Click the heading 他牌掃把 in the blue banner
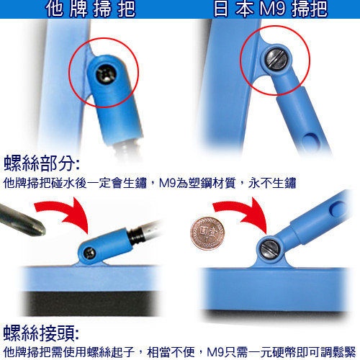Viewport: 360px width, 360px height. pyautogui.click(x=91, y=9)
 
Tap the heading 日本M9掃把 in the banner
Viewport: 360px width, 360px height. pyautogui.click(x=271, y=9)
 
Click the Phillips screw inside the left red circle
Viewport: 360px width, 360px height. pyautogui.click(x=106, y=73)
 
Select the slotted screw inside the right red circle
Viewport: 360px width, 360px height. pyautogui.click(x=276, y=58)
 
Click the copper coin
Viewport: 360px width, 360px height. pyautogui.click(x=207, y=233)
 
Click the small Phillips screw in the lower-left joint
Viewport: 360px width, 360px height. pyautogui.click(x=89, y=253)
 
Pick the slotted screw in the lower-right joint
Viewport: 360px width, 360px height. pyautogui.click(x=270, y=249)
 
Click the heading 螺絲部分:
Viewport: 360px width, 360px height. pyautogui.click(x=41, y=163)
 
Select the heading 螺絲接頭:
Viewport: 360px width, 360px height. pyautogui.click(x=41, y=333)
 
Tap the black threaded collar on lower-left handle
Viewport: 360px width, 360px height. pyautogui.click(x=135, y=236)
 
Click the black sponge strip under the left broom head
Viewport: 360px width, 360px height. pyautogui.click(x=90, y=303)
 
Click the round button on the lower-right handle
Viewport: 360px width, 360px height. pyautogui.click(x=338, y=208)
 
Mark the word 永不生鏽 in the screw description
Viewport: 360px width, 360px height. pyautogui.click(x=272, y=183)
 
